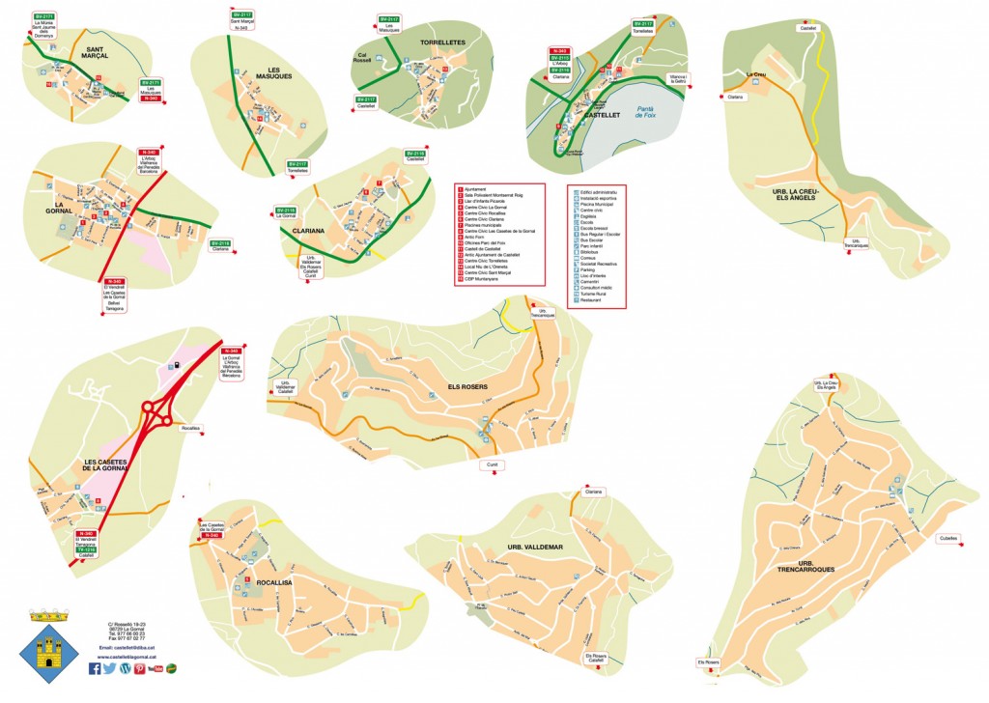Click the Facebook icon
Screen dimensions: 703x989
click(x=95, y=668)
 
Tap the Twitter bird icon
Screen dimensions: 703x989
click(x=109, y=668)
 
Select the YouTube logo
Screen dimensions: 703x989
click(x=155, y=668)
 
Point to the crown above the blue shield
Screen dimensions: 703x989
click(x=45, y=614)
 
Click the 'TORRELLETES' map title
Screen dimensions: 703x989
click(x=442, y=42)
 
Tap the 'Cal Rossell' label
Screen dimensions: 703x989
click(x=364, y=57)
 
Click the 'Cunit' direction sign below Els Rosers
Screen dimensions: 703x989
click(x=491, y=464)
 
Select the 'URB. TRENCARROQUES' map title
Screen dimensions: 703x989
click(x=816, y=567)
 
